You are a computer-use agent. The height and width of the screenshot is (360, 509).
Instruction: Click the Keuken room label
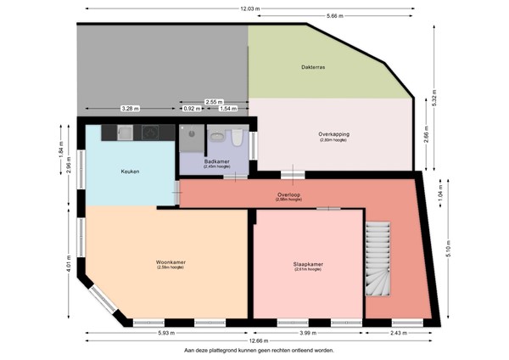coord(130,172)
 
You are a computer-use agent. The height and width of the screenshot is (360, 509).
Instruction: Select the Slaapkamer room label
coord(302,264)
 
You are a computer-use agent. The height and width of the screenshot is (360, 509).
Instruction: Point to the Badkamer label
coord(216,159)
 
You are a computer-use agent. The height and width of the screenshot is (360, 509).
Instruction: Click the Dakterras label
coord(313,66)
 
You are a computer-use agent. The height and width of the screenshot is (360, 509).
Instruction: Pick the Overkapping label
coord(334,133)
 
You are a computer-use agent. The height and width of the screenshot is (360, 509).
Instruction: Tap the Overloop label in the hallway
coord(288,194)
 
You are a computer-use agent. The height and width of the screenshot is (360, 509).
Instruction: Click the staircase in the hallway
coord(378,259)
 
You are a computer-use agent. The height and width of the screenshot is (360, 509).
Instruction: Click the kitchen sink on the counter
coord(125,132)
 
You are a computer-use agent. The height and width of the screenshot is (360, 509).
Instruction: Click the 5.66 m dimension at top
coord(333,16)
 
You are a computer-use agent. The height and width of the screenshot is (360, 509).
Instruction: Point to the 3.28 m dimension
coord(130,109)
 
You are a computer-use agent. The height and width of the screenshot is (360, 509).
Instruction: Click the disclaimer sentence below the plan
coord(259,349)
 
